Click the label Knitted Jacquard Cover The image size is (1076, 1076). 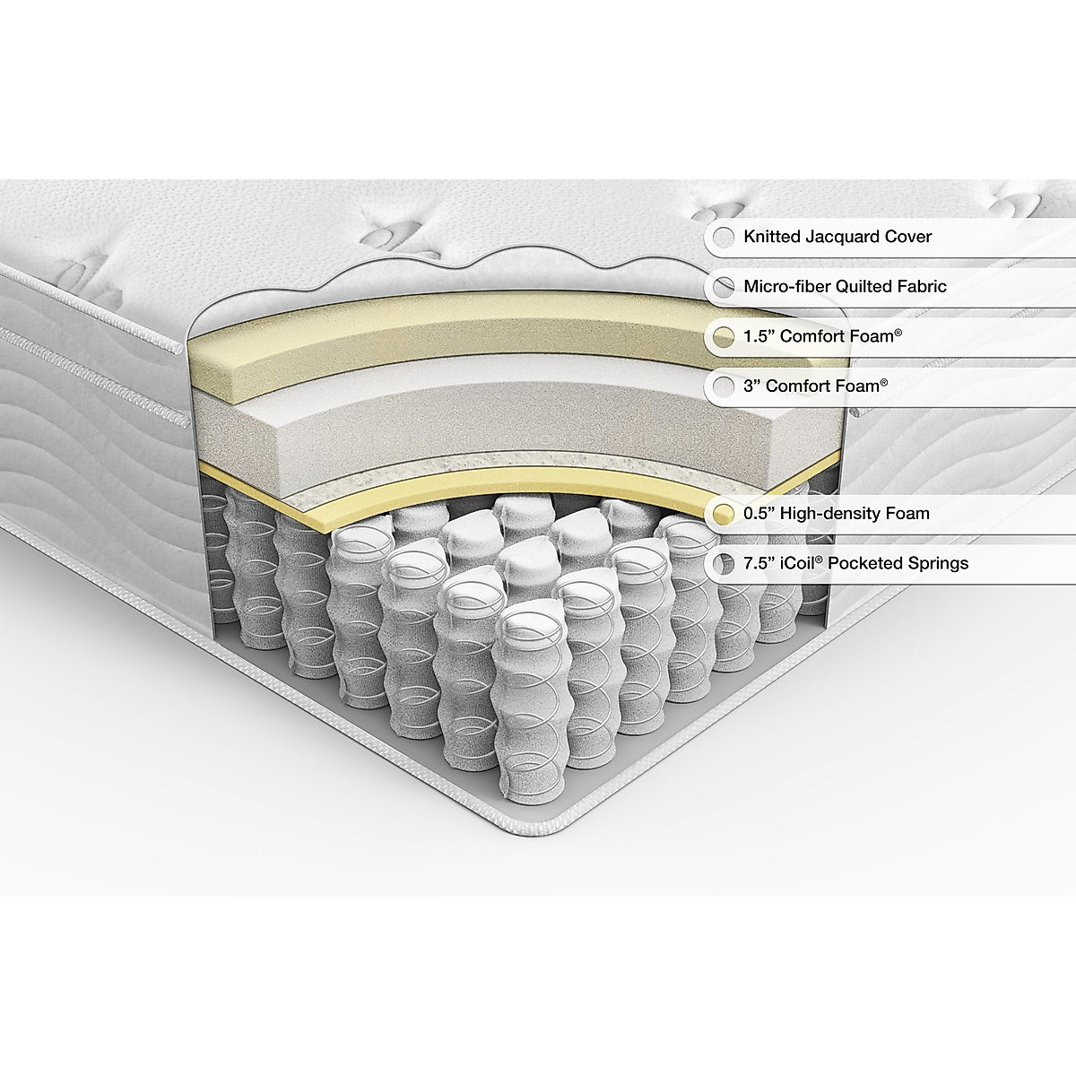pyautogui.click(x=837, y=237)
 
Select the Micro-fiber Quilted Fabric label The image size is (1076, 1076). pyautogui.click(x=845, y=287)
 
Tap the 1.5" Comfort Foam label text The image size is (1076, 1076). pyautogui.click(x=822, y=337)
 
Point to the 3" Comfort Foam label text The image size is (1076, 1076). pyautogui.click(x=815, y=386)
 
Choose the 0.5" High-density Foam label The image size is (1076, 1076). pyautogui.click(x=836, y=514)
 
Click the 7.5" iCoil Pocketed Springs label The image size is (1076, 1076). pyautogui.click(x=855, y=563)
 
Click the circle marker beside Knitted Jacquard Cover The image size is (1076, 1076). pyautogui.click(x=722, y=238)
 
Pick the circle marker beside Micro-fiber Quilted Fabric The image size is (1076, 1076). pyautogui.click(x=722, y=287)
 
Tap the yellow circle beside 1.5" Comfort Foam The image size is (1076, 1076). pyautogui.click(x=722, y=337)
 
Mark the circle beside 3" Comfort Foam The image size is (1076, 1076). pyautogui.click(x=722, y=386)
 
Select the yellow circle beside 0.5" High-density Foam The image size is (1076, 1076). pyautogui.click(x=722, y=514)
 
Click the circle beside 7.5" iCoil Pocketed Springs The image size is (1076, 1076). pyautogui.click(x=722, y=563)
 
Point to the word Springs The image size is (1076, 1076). pyautogui.click(x=937, y=563)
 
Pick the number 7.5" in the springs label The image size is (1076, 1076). pyautogui.click(x=759, y=563)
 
